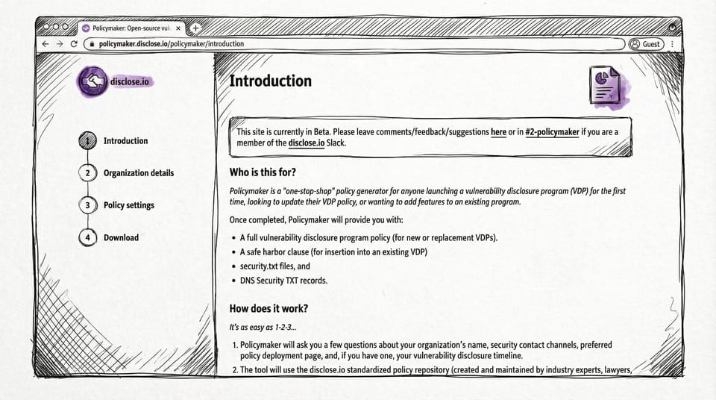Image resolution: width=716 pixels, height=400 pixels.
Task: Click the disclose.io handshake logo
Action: [92, 81]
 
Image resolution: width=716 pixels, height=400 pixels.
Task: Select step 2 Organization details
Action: [138, 173]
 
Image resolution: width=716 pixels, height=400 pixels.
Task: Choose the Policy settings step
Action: [128, 205]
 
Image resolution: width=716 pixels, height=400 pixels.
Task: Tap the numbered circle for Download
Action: [87, 237]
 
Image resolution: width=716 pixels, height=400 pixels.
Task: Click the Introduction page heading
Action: [270, 81]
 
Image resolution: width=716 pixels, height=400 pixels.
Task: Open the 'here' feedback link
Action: [498, 132]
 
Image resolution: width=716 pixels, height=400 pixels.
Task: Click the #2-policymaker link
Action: [551, 132]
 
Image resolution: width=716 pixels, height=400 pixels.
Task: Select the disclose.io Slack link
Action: [307, 143]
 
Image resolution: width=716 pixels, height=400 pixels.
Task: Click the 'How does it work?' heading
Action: [268, 308]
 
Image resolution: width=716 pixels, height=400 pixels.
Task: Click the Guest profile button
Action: [645, 44]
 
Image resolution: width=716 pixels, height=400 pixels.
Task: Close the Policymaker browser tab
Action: [178, 28]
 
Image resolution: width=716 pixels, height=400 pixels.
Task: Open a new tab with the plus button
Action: [195, 28]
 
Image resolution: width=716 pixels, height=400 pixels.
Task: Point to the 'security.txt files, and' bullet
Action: [274, 266]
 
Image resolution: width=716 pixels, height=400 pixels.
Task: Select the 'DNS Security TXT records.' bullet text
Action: [283, 281]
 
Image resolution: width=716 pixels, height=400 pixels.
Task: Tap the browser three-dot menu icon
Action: [673, 44]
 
